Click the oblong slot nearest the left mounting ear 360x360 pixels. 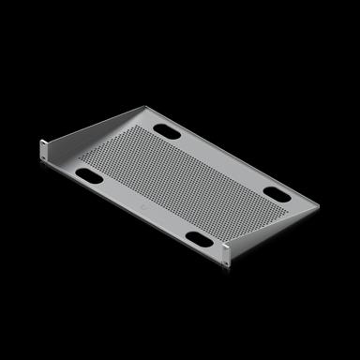pyautogui.click(x=91, y=175)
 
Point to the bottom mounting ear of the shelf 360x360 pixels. pyautogui.click(x=224, y=248)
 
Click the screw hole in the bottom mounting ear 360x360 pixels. pyautogui.click(x=224, y=248)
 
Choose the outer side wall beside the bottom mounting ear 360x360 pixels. pyautogui.click(x=272, y=226)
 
